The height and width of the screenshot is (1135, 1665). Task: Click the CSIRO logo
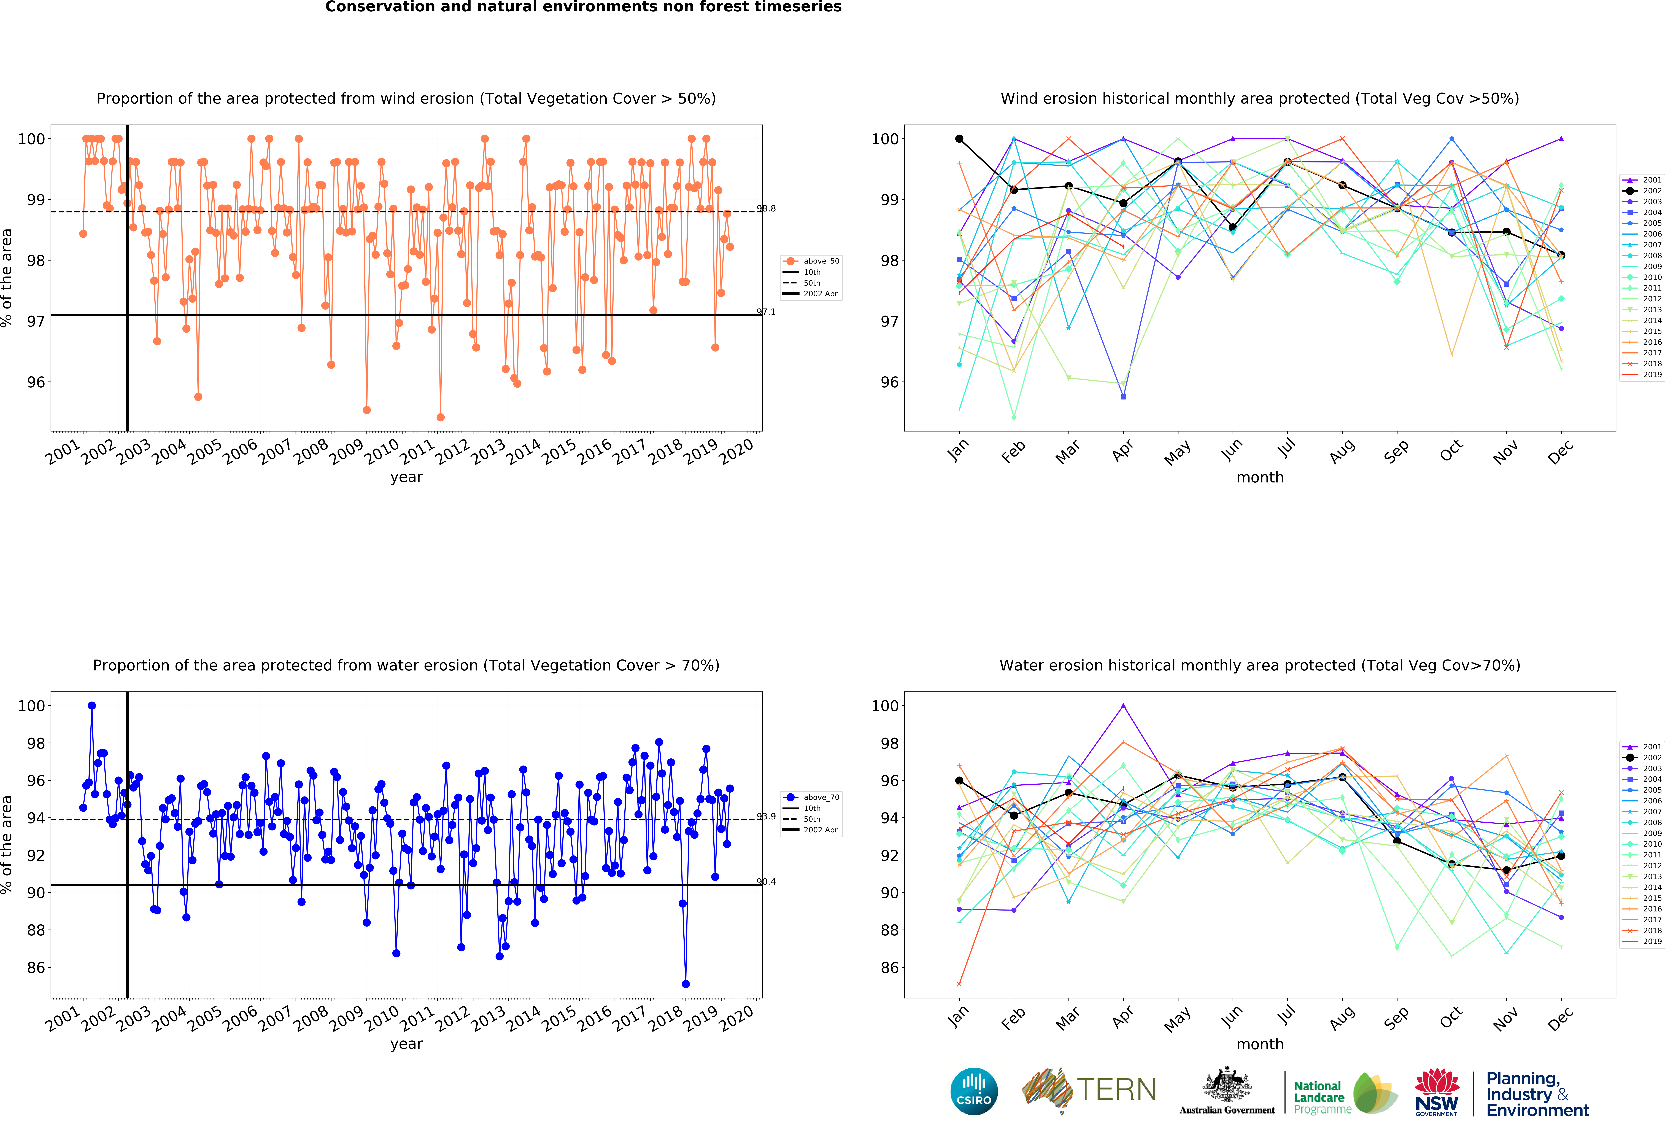point(974,1091)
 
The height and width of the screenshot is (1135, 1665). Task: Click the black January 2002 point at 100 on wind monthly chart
point(959,139)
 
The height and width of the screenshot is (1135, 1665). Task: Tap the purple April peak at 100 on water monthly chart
point(1123,706)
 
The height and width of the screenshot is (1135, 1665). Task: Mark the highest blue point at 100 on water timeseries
point(92,706)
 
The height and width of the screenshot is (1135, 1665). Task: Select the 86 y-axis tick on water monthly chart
point(888,967)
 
